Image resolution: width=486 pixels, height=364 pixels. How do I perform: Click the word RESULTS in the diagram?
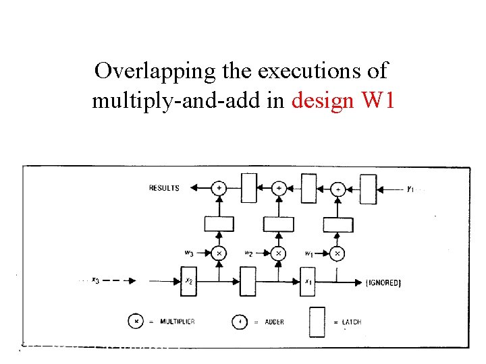[x=164, y=188]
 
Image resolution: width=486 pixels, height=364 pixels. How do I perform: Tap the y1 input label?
[x=410, y=189]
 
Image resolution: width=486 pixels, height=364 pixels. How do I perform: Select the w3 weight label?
[x=190, y=253]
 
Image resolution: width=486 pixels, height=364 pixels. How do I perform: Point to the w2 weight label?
[x=248, y=253]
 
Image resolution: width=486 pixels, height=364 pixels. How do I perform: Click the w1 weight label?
[x=308, y=253]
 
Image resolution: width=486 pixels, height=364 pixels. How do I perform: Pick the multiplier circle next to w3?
[x=219, y=254]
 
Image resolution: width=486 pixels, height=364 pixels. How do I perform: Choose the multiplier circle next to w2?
[x=278, y=254]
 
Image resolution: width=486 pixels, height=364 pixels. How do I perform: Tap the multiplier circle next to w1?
[x=338, y=254]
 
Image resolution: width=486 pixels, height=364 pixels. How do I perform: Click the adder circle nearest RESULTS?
[x=219, y=189]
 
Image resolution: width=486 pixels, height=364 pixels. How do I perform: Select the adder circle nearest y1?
[x=338, y=189]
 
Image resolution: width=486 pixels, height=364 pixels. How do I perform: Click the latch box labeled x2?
[x=188, y=281]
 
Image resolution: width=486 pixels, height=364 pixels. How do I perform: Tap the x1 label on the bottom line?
[x=308, y=281]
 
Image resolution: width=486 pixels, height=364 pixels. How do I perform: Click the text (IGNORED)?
[x=383, y=283]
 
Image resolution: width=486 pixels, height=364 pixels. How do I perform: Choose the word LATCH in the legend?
[x=351, y=322]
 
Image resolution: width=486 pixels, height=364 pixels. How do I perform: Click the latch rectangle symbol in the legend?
[x=317, y=322]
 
